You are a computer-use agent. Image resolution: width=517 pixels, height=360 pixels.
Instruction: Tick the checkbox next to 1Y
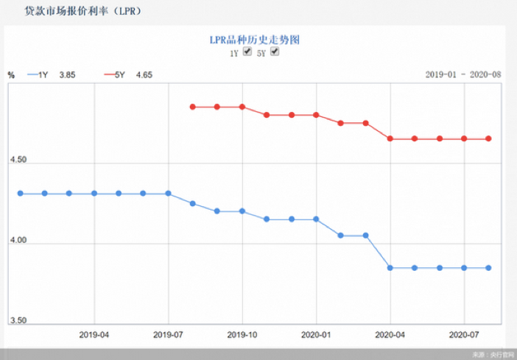tap(247, 52)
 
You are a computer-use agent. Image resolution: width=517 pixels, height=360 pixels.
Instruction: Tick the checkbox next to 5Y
tap(275, 52)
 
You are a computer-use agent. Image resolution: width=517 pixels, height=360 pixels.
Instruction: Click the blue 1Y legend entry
tap(52, 74)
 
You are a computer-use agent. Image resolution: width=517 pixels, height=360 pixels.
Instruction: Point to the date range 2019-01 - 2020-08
tap(463, 74)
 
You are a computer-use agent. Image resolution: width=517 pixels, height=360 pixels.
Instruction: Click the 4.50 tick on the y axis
tap(18, 160)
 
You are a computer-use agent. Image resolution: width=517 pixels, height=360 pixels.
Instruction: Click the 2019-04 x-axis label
tap(94, 334)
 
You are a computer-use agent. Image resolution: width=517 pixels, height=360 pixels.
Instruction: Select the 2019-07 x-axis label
tap(169, 334)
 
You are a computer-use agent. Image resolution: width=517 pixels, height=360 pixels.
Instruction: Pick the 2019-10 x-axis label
tap(242, 334)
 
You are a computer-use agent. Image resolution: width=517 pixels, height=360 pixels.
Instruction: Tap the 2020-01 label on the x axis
tap(316, 334)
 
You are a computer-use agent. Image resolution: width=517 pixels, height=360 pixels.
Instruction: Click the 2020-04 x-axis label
tap(390, 334)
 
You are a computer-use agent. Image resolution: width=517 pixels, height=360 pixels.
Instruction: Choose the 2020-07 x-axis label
tap(464, 334)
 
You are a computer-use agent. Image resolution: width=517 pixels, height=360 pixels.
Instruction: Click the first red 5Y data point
tap(193, 107)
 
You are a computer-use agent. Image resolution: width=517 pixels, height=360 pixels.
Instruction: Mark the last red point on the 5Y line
tap(488, 138)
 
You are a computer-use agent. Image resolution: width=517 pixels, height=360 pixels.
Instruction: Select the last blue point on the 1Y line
tap(488, 268)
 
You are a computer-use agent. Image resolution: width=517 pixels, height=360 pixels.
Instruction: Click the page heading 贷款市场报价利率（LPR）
tap(82, 12)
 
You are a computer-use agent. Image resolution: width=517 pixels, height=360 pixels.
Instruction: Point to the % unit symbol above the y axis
tap(11, 74)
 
